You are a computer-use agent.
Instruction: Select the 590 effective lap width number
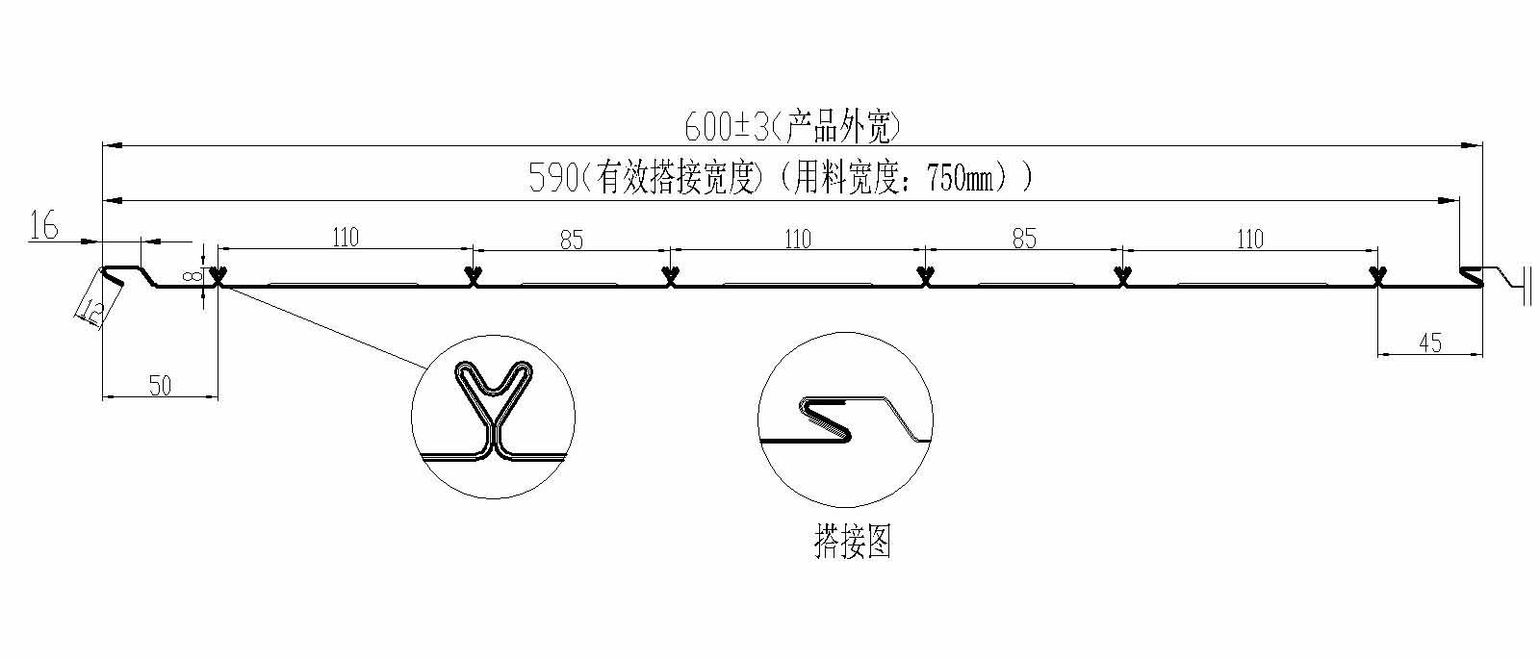[x=552, y=179]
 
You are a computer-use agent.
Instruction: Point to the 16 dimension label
[x=44, y=227]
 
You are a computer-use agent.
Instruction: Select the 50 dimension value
[x=160, y=386]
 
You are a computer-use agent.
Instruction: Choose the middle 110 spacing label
[x=797, y=238]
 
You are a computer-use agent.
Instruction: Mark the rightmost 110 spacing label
[x=1248, y=238]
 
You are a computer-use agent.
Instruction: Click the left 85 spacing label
[x=572, y=240]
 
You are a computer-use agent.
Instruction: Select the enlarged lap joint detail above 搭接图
[x=845, y=419]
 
